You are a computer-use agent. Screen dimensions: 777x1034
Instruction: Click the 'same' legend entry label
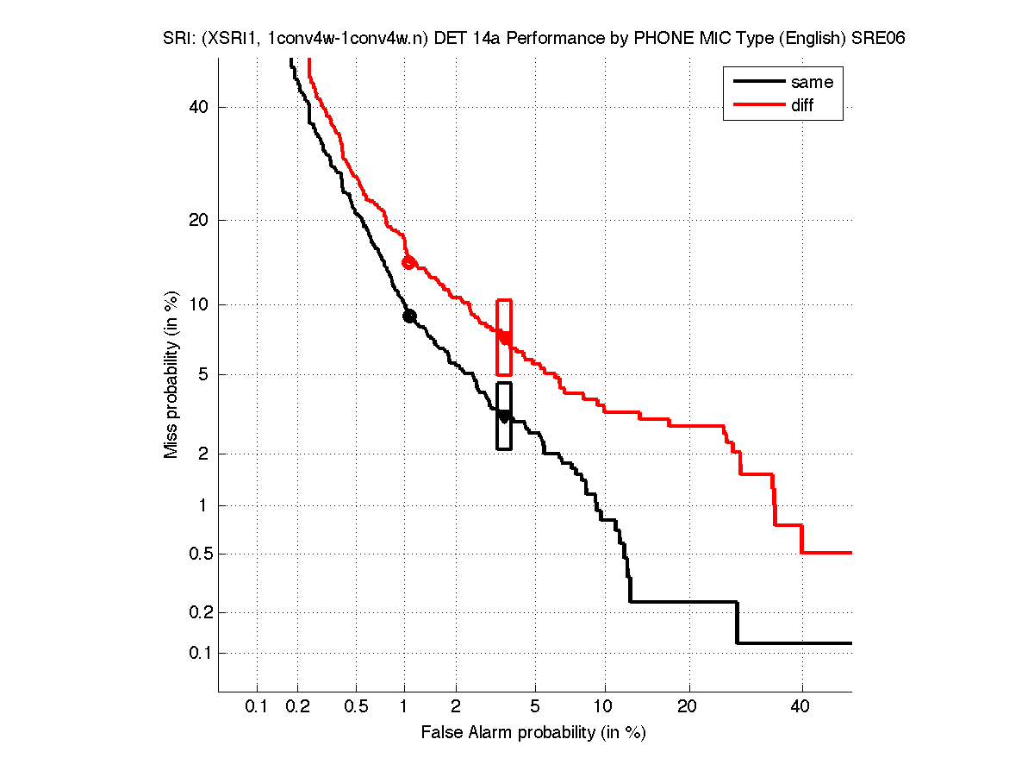tap(812, 82)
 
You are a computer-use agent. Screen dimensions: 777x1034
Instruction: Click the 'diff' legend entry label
tap(802, 105)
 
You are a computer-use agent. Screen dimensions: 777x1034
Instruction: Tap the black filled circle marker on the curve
tap(409, 316)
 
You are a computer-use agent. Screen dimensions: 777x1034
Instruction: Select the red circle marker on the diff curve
tap(409, 262)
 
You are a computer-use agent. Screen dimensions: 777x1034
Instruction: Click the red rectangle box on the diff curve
tap(504, 337)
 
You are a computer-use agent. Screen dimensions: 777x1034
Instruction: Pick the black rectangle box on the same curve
tap(504, 416)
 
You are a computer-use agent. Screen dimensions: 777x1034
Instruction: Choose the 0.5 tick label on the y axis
tap(199, 554)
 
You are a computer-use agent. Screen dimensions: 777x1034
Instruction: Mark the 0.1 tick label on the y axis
tap(199, 653)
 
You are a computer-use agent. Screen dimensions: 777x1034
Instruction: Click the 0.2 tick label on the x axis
tap(298, 707)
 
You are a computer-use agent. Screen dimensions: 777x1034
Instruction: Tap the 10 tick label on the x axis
tap(605, 707)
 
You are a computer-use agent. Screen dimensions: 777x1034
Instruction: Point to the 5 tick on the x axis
tap(535, 707)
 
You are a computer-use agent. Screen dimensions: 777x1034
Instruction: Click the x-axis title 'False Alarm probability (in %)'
tap(533, 733)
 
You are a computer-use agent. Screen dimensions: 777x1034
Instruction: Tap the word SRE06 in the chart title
tap(878, 39)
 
